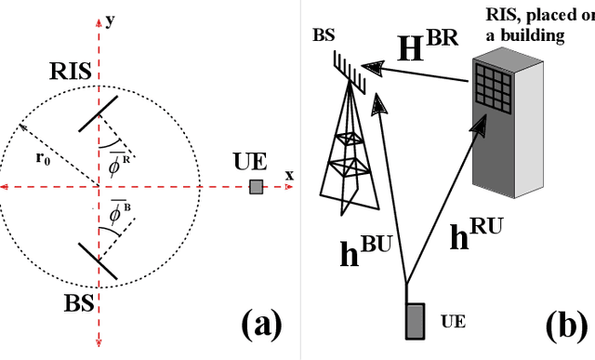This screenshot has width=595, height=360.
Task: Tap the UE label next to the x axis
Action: pos(248,161)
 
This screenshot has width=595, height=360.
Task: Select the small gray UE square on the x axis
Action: pos(256,188)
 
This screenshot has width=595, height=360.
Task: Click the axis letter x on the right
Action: pos(289,175)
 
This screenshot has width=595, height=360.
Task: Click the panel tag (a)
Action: pos(260,325)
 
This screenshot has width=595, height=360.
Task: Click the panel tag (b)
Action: pos(566,325)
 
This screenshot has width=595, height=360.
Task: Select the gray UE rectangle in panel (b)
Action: pos(415,321)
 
